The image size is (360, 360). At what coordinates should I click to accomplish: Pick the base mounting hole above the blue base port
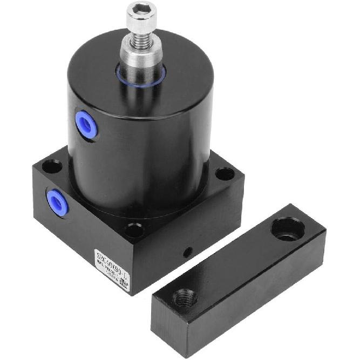click(52, 167)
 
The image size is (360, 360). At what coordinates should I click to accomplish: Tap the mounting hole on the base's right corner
click(225, 174)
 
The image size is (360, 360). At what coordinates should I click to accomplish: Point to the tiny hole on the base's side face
click(187, 252)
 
